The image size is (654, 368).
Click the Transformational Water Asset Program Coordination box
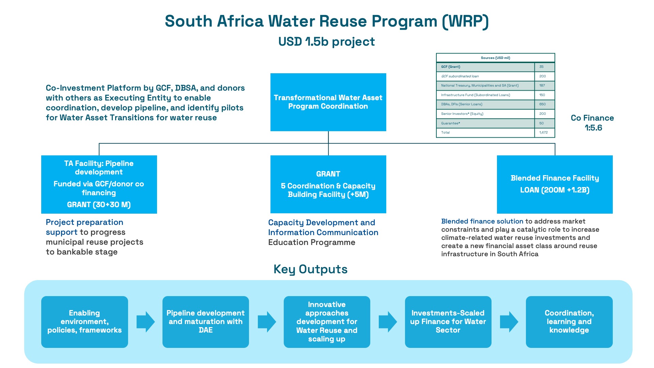pos(328,102)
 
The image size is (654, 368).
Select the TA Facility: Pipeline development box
pos(99,184)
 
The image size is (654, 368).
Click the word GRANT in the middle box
pos(328,174)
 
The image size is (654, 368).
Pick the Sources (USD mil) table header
pos(495,58)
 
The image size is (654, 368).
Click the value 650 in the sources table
pos(542,104)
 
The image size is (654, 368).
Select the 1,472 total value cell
pos(544,133)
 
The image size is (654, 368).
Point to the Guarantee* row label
pos(450,123)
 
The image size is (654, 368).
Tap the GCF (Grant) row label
pos(450,67)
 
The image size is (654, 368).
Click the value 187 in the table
pos(542,86)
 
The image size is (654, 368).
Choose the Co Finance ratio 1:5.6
pos(593,128)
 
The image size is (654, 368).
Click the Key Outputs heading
pos(310,269)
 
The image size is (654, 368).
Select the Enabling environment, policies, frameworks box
pos(84,322)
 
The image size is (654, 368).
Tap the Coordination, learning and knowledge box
pos(569,322)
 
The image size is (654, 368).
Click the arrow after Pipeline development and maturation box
pos(267,322)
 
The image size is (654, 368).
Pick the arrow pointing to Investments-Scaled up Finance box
pos(388,322)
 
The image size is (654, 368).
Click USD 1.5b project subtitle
pos(326,42)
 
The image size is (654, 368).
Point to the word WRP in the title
pos(465,21)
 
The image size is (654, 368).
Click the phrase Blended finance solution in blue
pos(482,221)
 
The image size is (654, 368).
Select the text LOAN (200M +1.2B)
pos(555,190)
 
